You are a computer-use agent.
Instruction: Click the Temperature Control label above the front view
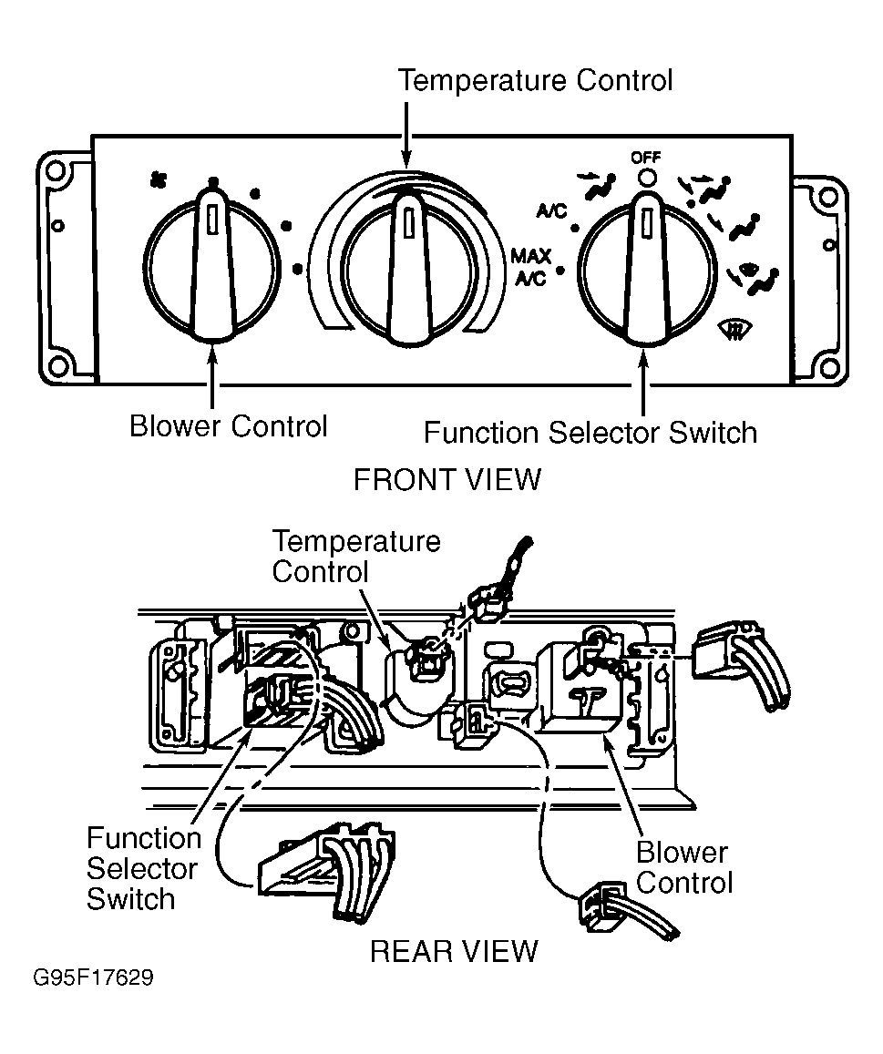pyautogui.click(x=535, y=80)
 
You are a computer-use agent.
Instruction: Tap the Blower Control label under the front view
pyautogui.click(x=228, y=425)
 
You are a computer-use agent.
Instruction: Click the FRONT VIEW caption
pyautogui.click(x=447, y=479)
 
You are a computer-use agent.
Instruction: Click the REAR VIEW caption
pyautogui.click(x=453, y=951)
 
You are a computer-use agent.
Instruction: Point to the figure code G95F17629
pyautogui.click(x=93, y=979)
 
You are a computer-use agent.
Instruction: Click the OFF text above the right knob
pyautogui.click(x=645, y=158)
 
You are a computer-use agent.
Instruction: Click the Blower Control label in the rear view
pyautogui.click(x=683, y=867)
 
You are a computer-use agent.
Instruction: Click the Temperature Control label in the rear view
pyautogui.click(x=355, y=557)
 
